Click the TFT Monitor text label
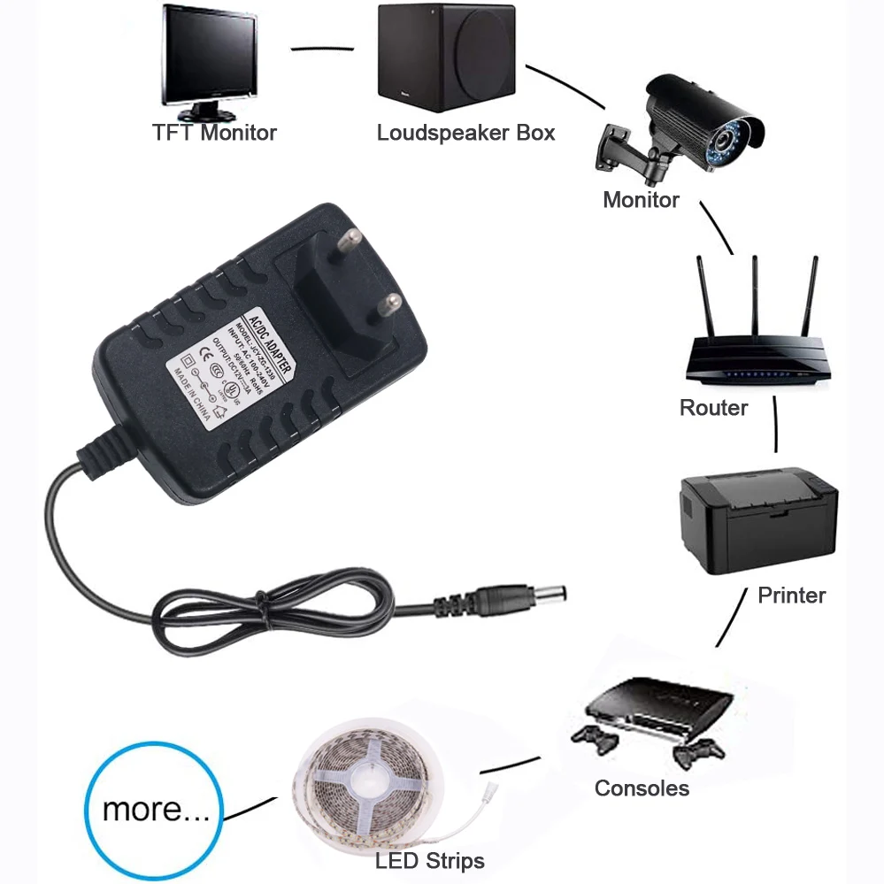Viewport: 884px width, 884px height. [x=214, y=133]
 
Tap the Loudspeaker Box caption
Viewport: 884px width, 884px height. [x=465, y=133]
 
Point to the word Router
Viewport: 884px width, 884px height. [x=713, y=408]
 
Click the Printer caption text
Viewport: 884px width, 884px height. [x=791, y=596]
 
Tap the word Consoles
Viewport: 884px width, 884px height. [x=642, y=788]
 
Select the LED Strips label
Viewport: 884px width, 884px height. [x=429, y=860]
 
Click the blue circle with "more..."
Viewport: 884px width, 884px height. [x=156, y=810]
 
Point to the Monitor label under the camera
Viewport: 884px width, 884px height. [x=641, y=200]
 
